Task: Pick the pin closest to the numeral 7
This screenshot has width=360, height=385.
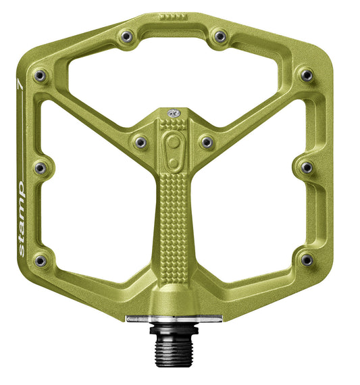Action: pos(40,75)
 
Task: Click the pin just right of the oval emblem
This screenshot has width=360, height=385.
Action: pos(206,142)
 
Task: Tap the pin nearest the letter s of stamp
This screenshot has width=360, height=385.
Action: pos(41,259)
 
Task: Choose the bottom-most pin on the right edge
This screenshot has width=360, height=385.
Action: pos(307,259)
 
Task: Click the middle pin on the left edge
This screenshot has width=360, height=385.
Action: pos(40,166)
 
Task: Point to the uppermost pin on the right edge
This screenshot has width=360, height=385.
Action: pos(306,74)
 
